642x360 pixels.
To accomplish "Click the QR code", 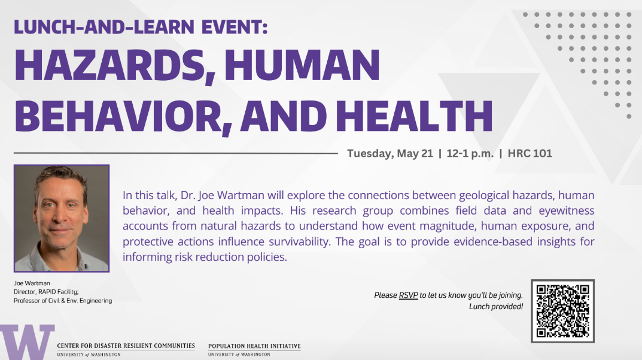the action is [x=562, y=312].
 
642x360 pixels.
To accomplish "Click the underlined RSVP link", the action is [x=408, y=295].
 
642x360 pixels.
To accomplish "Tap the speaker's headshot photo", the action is [x=62, y=218].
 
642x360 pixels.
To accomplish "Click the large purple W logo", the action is [x=27, y=342].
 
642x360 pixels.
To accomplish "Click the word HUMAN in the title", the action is [x=302, y=65].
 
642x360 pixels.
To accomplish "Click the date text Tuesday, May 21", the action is [x=390, y=154].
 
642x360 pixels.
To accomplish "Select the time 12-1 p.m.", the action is [x=470, y=154].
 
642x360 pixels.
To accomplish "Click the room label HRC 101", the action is [x=530, y=154].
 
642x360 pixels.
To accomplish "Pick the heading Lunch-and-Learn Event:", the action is [x=141, y=27].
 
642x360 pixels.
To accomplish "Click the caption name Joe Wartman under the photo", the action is [x=32, y=283].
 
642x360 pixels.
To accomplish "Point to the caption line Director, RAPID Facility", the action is [x=46, y=292].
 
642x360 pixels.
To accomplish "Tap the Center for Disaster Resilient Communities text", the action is [x=126, y=346].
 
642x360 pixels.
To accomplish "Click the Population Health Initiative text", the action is [x=254, y=346].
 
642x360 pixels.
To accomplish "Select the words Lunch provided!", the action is [x=496, y=306].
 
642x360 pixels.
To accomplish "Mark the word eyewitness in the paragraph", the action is [x=566, y=211].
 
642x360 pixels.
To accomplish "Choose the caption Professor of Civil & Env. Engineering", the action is [x=63, y=301].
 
